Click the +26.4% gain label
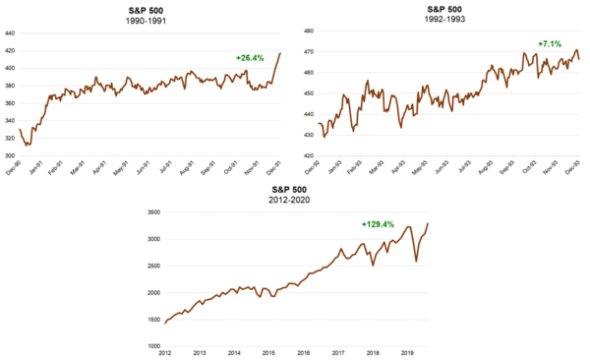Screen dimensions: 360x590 (x=251, y=58)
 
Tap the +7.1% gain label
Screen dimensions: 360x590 (x=551, y=43)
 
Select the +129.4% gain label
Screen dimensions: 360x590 (x=379, y=224)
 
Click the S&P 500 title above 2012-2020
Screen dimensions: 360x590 (x=296, y=187)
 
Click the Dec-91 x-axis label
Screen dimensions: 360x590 (x=281, y=167)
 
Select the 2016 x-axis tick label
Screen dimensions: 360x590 (x=302, y=352)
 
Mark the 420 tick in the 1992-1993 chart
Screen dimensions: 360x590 (x=307, y=155)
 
